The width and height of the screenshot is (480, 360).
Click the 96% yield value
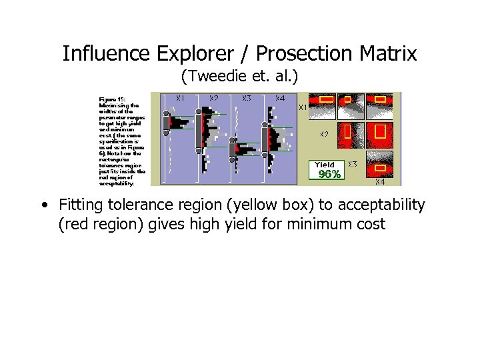(329, 175)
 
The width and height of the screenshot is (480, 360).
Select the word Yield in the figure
(325, 165)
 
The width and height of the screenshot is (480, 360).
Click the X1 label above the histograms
(180, 98)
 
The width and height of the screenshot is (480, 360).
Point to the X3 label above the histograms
(246, 98)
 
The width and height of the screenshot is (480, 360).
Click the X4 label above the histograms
(280, 98)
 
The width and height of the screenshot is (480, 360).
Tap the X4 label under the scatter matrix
(379, 181)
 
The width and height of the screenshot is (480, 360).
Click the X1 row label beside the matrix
(302, 107)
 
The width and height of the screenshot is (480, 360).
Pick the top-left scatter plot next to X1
(325, 106)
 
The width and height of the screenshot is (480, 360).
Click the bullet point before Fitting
(43, 205)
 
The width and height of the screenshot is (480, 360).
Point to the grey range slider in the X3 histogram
(232, 151)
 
